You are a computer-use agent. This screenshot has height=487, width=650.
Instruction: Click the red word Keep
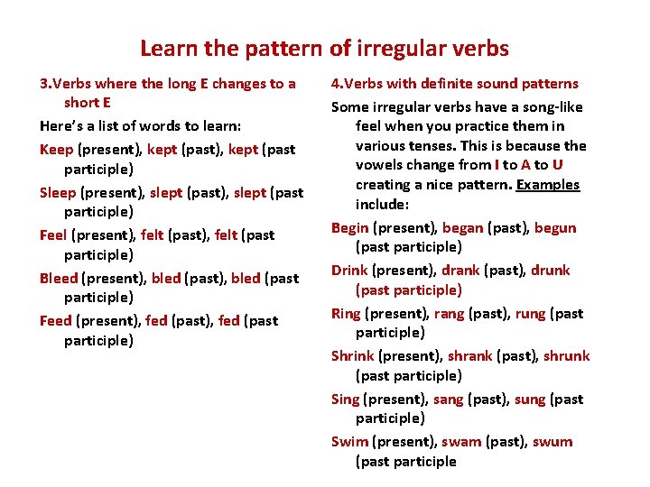(57, 149)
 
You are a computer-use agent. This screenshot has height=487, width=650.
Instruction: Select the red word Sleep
(59, 192)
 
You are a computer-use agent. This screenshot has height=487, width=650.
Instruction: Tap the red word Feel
(53, 234)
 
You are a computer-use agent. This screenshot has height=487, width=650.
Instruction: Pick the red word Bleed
(59, 278)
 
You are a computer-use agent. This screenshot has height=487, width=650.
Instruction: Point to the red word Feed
(56, 320)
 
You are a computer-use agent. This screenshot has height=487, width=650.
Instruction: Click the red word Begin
(349, 227)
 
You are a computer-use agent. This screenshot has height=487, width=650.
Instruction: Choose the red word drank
(460, 270)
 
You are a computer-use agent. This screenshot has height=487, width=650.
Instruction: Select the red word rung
(530, 313)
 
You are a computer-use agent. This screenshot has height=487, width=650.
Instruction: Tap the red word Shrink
(352, 355)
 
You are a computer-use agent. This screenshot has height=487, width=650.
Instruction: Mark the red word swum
(552, 441)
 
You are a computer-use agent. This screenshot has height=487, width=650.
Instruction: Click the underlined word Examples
(547, 184)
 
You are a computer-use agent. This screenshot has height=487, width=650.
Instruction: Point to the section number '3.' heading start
(45, 83)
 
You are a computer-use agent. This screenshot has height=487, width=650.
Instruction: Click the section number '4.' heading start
(337, 83)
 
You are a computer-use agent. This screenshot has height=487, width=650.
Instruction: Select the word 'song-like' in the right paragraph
(552, 106)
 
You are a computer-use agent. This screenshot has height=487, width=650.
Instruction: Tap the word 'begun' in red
(554, 227)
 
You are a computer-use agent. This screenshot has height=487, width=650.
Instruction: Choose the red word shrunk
(566, 355)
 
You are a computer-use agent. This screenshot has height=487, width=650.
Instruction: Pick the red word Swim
(349, 441)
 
